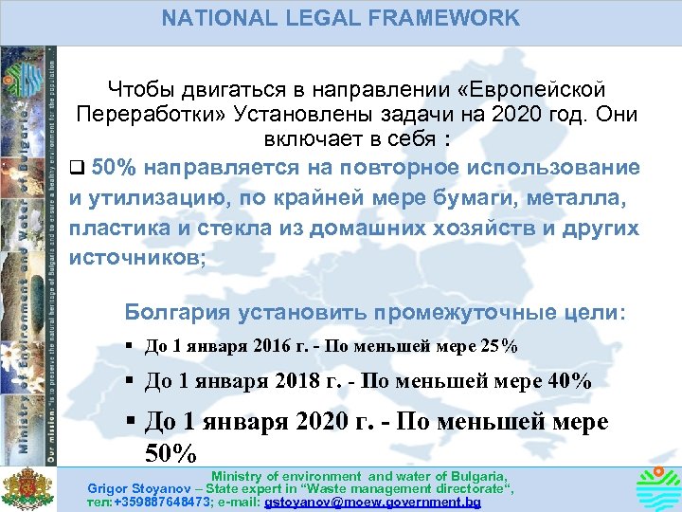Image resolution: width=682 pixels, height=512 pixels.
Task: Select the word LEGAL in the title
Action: coord(314,17)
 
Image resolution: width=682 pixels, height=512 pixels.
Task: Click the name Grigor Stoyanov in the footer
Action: coord(128,487)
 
